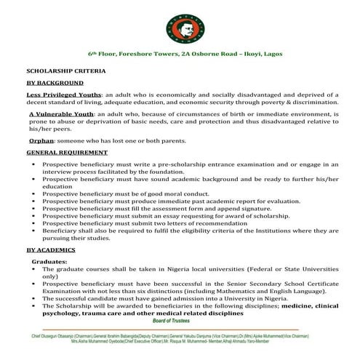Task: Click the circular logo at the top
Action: click(180, 25)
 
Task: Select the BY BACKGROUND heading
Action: click(52, 84)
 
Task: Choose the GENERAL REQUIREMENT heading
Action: click(66, 153)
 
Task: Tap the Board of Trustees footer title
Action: click(180, 320)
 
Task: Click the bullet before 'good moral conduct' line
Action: click(34, 195)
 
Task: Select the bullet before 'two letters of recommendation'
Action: click(34, 223)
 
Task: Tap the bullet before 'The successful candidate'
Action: click(34, 298)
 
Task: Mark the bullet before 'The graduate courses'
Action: click(34, 269)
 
